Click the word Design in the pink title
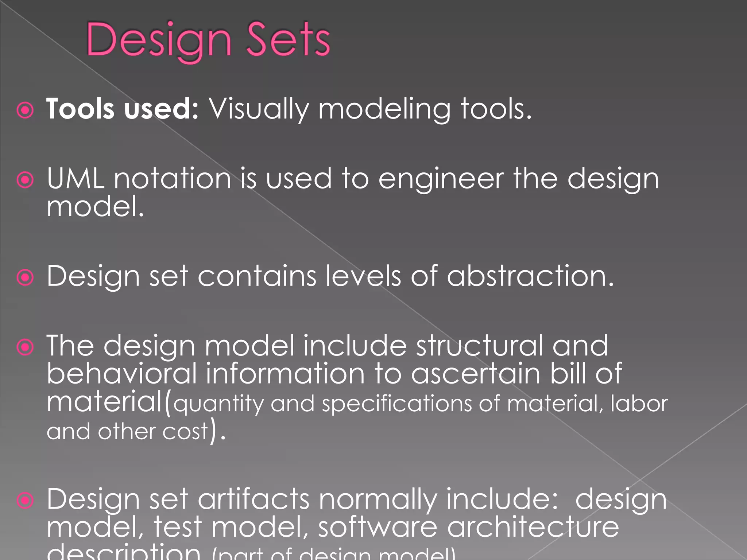(x=159, y=40)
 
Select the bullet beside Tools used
(x=25, y=110)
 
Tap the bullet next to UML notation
(x=25, y=179)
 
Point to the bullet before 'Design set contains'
(x=25, y=277)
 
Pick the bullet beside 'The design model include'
(x=25, y=347)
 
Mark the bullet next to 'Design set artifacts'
(x=25, y=500)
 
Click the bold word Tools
(x=80, y=109)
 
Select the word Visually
(x=259, y=109)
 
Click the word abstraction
(x=531, y=276)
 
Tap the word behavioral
(x=122, y=373)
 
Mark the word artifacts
(x=253, y=499)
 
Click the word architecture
(x=533, y=527)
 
